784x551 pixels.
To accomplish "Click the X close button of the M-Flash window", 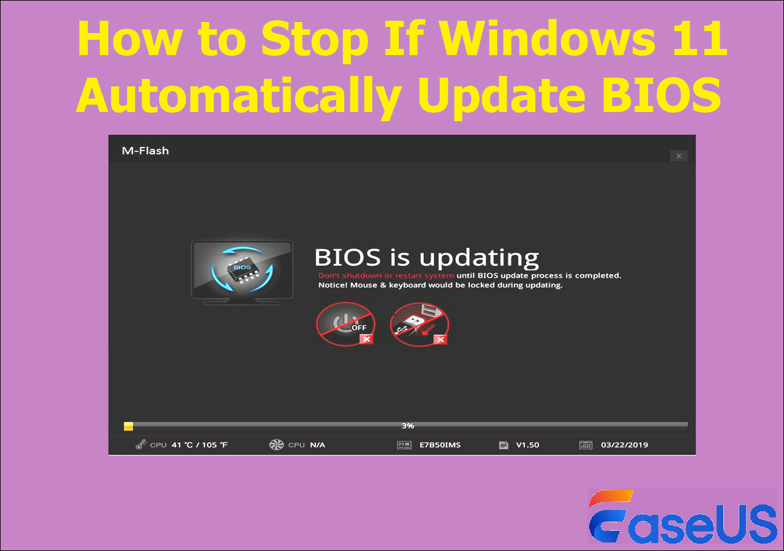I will coord(678,156).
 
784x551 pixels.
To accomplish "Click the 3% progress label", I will coord(407,425).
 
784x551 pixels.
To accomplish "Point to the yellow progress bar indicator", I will coord(128,426).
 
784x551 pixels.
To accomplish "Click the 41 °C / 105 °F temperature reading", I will coord(200,445).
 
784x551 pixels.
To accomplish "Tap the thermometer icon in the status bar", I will coord(141,444).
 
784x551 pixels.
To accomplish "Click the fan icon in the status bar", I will coord(277,444).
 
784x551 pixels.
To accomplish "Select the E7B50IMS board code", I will coord(440,445).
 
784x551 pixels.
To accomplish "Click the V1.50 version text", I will coord(527,445).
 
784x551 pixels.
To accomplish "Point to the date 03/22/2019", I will coord(624,445).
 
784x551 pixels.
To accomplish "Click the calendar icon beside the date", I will coord(586,445).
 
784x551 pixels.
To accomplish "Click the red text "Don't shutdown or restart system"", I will coord(386,275).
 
